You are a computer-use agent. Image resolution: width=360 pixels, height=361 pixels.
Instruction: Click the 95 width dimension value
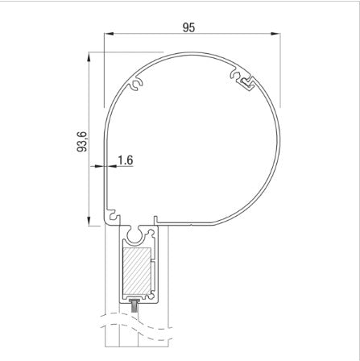[x=188, y=27]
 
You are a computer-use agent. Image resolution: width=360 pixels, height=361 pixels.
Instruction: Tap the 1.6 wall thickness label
[x=125, y=160]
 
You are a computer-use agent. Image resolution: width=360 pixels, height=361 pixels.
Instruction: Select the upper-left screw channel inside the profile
[x=138, y=84]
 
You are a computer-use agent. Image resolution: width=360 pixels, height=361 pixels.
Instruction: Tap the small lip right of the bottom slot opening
[x=153, y=218]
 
